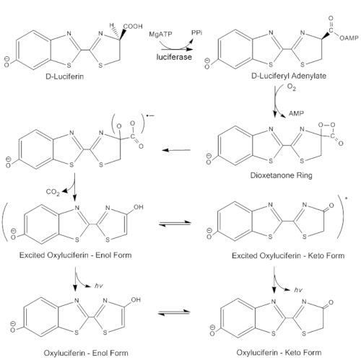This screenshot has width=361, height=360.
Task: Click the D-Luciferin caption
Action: coord(65,76)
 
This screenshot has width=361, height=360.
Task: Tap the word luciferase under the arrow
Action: coord(174,57)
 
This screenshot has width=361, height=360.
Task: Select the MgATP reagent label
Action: coord(160,34)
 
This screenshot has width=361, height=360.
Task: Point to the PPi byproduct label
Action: coord(196,32)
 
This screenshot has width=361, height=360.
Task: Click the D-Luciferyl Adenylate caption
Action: coord(289,76)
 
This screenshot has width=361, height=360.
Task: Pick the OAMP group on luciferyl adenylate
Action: coord(349,38)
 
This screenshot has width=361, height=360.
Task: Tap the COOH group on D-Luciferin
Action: coord(133,26)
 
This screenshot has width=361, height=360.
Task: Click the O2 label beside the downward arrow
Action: coord(292,87)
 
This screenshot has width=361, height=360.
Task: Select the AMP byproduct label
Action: coord(296,113)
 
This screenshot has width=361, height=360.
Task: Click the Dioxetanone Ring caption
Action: coord(282,175)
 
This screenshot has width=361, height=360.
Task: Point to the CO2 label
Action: coord(53,192)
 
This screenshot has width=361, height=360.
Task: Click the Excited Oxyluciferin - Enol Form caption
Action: coord(76,255)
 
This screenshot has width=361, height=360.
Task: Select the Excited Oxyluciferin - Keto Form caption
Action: coord(288,255)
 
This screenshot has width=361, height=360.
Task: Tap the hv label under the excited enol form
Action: coord(99,286)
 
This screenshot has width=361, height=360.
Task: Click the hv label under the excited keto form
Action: coord(298,290)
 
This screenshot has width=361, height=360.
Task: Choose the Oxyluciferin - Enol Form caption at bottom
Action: coord(86,353)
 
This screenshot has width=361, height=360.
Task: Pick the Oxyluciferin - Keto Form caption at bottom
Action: coord(279,353)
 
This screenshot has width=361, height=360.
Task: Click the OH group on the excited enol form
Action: coord(138,207)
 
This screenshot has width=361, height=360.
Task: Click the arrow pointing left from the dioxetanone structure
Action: coord(176,150)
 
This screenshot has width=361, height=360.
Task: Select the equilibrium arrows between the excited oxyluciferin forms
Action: coord(175,224)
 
